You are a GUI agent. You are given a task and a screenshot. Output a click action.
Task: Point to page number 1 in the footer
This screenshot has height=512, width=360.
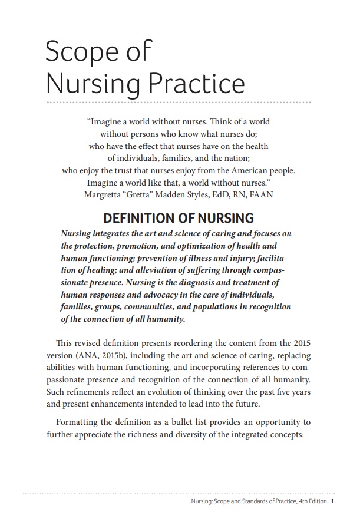[x=333, y=502]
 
